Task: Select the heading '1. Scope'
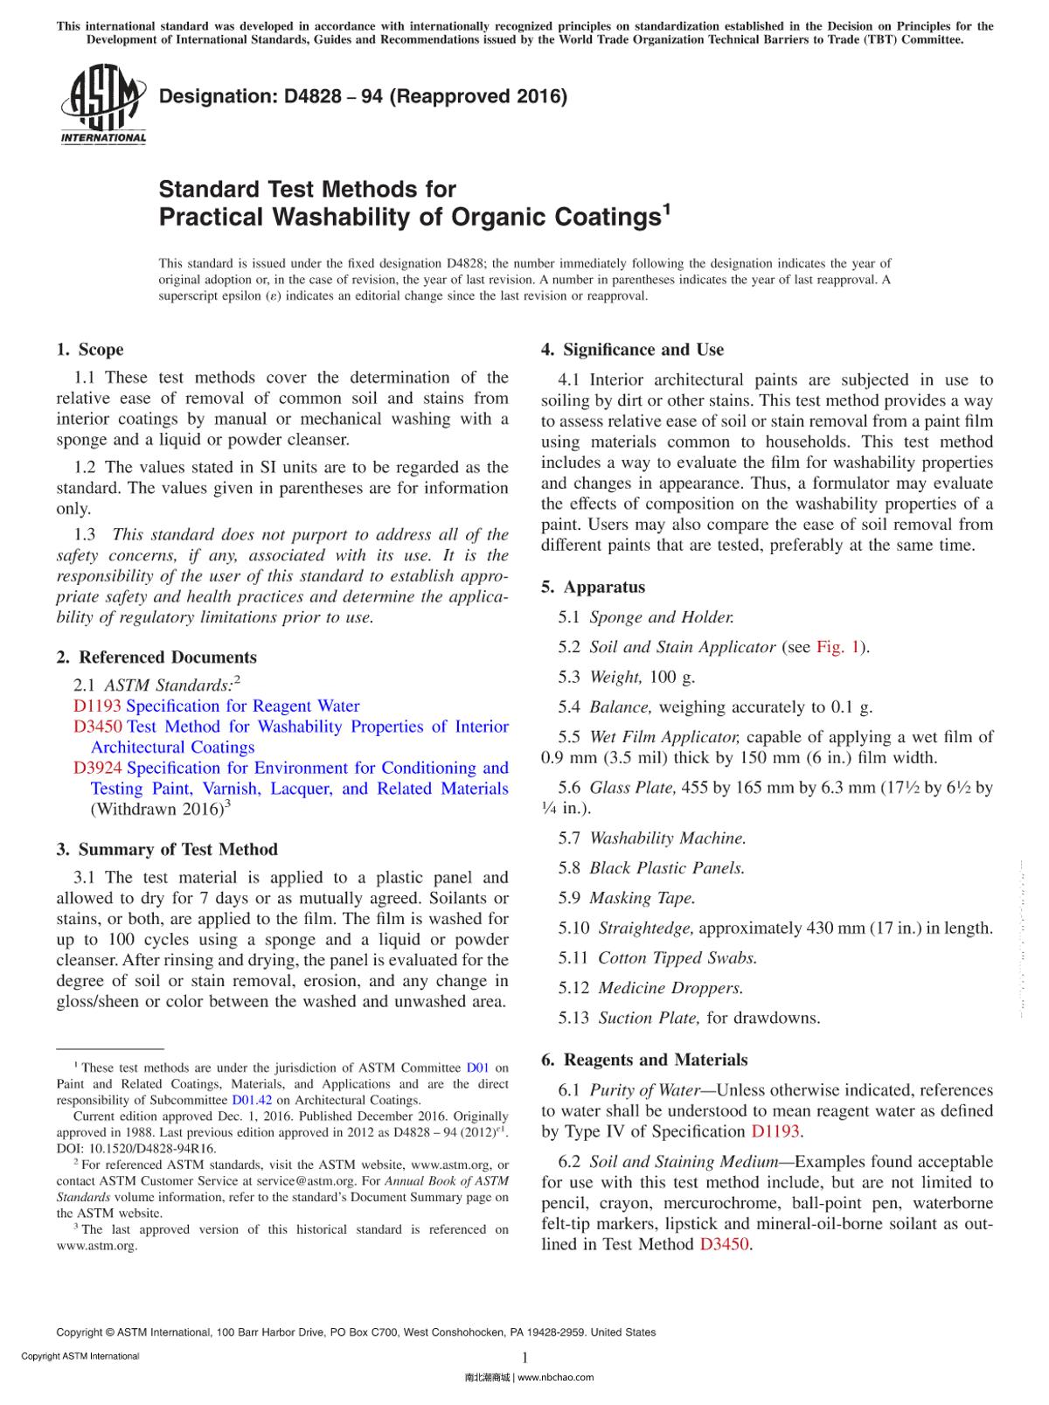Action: [90, 350]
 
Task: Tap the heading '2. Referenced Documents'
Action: [156, 657]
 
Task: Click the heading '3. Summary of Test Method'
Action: [167, 850]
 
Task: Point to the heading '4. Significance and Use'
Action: [632, 350]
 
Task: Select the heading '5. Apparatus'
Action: [593, 588]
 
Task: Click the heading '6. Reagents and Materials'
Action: [644, 1061]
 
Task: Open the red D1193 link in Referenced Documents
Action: [98, 706]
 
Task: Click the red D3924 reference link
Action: [98, 769]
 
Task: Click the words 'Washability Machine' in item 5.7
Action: [668, 838]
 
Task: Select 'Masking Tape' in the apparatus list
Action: [643, 899]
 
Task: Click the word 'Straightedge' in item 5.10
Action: [646, 929]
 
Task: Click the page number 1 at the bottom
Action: [524, 1358]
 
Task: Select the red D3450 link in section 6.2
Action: [724, 1244]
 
